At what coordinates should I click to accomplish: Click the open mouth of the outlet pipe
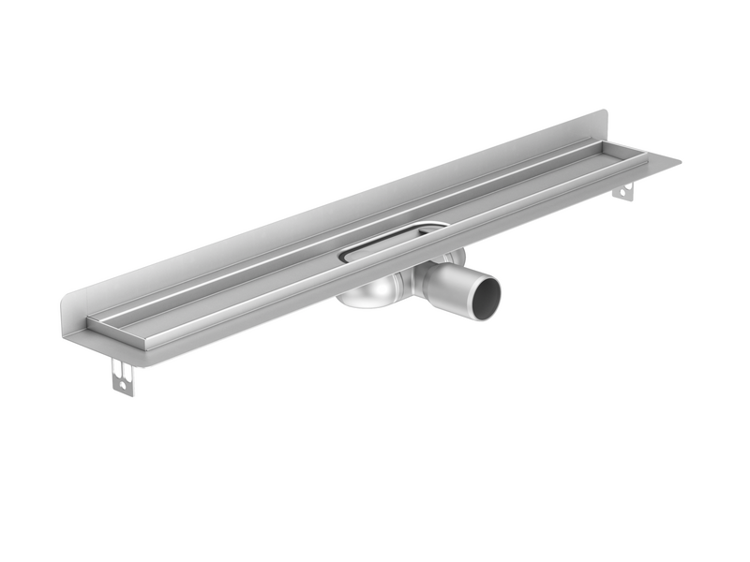tap(485, 299)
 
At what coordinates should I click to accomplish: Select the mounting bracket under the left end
tap(123, 376)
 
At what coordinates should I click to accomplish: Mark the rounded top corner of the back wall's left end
tap(68, 299)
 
